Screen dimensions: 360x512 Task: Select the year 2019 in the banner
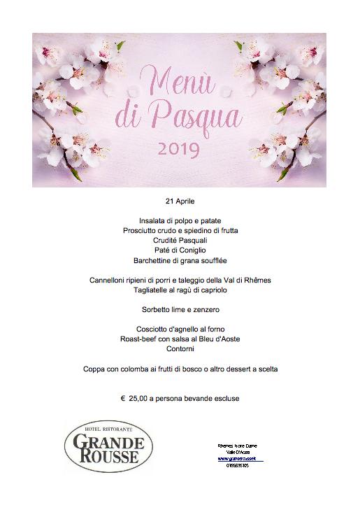178,148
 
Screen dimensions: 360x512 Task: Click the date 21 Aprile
180,199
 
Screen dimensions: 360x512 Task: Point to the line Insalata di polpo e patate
180,220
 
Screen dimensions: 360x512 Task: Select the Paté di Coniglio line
180,250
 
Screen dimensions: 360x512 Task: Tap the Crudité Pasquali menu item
180,240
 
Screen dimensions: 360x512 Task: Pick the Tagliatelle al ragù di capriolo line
180,290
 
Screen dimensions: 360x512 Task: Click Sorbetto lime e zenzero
180,308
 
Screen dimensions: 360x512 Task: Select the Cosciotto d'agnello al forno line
180,329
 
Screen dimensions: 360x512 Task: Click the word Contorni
180,348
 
